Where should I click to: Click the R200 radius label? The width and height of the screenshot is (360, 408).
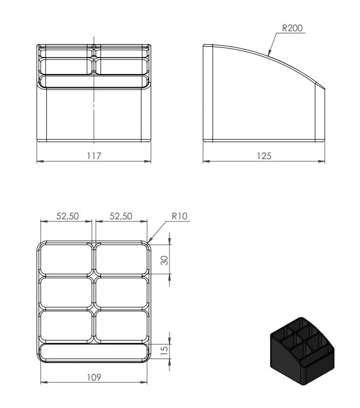tap(292, 28)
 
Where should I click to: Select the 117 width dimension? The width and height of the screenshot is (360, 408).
tap(94, 156)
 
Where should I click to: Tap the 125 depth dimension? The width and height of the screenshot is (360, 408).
tap(264, 156)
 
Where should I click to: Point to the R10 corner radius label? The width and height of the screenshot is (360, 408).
tap(180, 216)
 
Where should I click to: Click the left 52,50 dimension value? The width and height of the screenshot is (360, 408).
tap(67, 216)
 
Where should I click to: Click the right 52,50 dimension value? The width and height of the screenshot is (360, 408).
tap(121, 216)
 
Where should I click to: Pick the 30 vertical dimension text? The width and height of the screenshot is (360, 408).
tap(164, 260)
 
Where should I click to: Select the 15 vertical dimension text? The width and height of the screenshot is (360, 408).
tap(164, 350)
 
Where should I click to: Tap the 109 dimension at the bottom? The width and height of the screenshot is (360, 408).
tap(94, 377)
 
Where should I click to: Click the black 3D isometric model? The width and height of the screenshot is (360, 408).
tap(302, 351)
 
